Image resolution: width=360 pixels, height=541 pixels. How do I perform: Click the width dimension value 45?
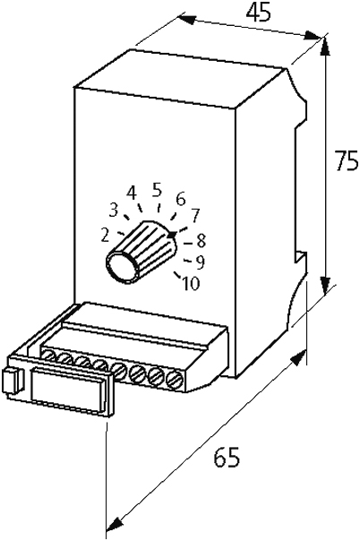tap(258, 13)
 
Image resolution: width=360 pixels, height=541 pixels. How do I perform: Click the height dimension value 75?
tap(347, 161)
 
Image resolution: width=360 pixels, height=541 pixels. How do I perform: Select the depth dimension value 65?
tap(227, 458)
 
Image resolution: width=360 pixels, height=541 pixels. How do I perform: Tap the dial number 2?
tap(105, 236)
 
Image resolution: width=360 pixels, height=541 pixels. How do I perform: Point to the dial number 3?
tap(114, 210)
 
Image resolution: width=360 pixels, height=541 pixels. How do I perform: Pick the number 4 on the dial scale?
tap(132, 193)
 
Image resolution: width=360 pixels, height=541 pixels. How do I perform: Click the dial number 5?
tap(158, 190)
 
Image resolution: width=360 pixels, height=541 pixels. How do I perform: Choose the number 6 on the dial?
tap(181, 199)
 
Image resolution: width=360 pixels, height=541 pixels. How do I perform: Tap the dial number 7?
tap(195, 216)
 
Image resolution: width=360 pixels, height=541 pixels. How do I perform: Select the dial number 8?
tap(201, 241)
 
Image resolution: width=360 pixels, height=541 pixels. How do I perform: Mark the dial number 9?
tap(201, 263)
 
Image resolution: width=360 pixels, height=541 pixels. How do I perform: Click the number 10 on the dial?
tap(191, 284)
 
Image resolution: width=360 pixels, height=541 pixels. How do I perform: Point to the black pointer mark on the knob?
tap(172, 236)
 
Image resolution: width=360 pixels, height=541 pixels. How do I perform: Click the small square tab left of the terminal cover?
tap(10, 382)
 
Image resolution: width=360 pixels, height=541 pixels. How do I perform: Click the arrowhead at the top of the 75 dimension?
tap(324, 46)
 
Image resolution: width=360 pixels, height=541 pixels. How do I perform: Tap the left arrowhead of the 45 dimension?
tap(187, 20)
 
